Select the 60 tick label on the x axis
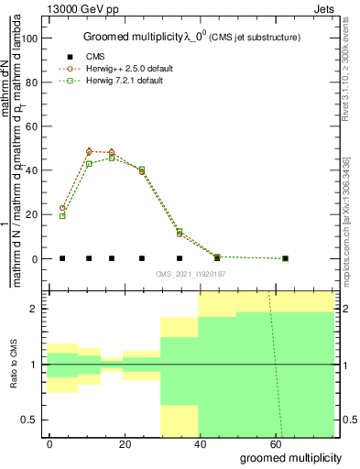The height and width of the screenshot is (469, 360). (x=275, y=443)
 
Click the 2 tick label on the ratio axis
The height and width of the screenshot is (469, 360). (x=34, y=309)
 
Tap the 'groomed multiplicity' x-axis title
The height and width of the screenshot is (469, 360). (x=290, y=457)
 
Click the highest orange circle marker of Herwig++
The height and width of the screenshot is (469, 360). (x=89, y=151)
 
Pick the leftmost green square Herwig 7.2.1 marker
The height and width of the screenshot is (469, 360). (x=62, y=216)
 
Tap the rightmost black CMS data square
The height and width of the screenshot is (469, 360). (x=285, y=258)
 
